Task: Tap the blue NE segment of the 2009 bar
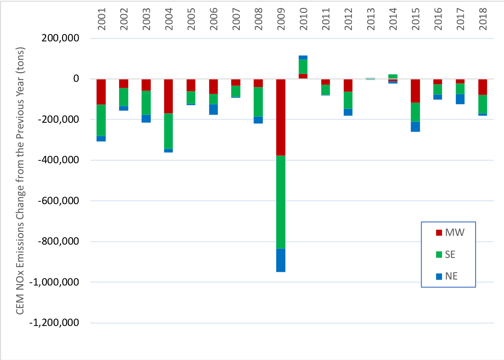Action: pyautogui.click(x=280, y=260)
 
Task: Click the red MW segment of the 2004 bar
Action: pyautogui.click(x=168, y=96)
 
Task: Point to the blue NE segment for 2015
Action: pyautogui.click(x=415, y=126)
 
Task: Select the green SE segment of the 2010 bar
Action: pyautogui.click(x=303, y=67)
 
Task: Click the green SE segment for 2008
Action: pyautogui.click(x=258, y=102)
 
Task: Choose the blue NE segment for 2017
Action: pyautogui.click(x=460, y=99)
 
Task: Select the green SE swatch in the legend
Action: pyautogui.click(x=438, y=254)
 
